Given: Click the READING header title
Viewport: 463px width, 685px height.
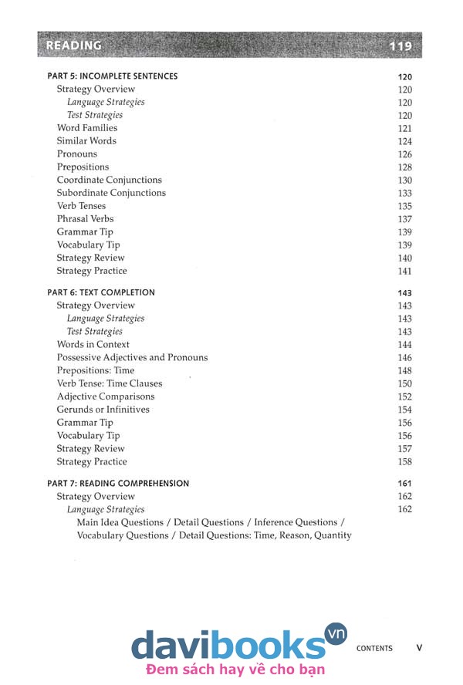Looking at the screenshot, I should [x=74, y=46].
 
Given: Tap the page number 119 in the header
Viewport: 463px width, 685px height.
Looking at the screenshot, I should [x=401, y=46].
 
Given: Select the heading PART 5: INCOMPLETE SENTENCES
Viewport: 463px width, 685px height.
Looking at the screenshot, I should [x=113, y=76].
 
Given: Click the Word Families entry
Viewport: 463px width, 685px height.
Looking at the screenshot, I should [x=87, y=128].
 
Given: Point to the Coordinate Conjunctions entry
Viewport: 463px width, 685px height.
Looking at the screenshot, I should [x=110, y=180].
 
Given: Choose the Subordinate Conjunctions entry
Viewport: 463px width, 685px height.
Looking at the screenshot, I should [x=111, y=193].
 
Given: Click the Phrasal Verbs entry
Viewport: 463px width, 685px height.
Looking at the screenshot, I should [x=85, y=219].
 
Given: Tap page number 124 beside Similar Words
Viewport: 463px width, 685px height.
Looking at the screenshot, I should [x=405, y=142].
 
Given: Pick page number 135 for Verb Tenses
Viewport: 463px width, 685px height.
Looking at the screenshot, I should [x=405, y=207].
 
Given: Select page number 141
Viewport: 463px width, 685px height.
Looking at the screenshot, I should [x=405, y=272].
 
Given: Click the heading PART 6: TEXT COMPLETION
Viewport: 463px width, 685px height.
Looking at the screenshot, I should [x=101, y=292].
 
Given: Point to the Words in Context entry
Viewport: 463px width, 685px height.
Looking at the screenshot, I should [x=93, y=345].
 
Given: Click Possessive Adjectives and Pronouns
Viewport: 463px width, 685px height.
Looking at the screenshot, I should [x=132, y=358].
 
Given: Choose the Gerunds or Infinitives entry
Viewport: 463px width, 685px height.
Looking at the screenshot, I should [x=103, y=410].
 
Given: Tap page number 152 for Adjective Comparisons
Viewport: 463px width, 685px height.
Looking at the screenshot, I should [x=405, y=397].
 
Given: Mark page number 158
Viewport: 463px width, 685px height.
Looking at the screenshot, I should [x=405, y=462].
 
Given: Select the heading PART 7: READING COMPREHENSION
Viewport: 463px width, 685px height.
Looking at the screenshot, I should [x=118, y=483].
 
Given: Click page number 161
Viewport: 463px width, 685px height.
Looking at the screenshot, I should [x=405, y=484].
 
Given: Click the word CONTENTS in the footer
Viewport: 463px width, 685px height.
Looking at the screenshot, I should [x=374, y=649].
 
